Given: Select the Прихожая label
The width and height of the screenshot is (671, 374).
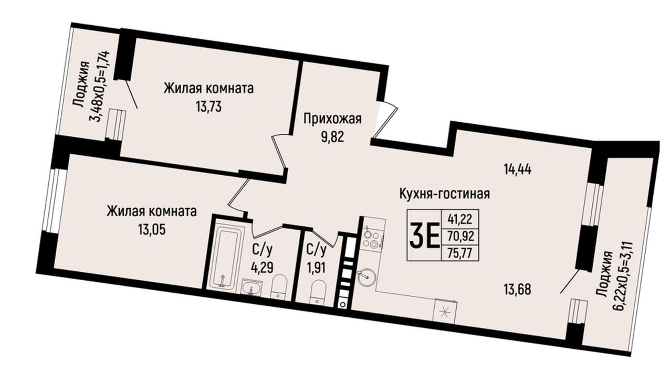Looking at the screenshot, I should point(332,119).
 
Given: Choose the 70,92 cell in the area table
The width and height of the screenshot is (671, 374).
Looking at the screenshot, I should point(461,237).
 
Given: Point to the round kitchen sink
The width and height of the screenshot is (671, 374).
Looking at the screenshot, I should point(366,276).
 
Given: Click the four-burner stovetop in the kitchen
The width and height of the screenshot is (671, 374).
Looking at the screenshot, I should point(373,239).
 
